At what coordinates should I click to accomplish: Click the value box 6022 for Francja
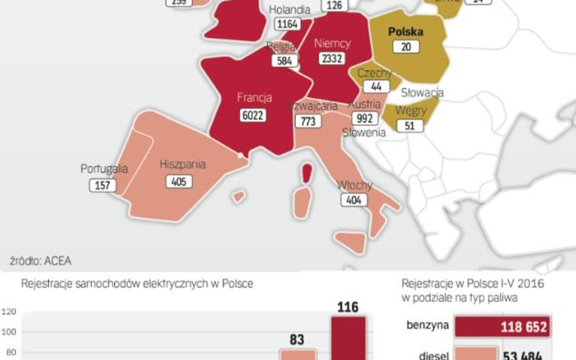click(252, 115)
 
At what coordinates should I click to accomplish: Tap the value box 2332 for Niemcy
click(332, 58)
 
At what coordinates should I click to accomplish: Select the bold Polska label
click(406, 32)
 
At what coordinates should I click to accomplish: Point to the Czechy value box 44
click(375, 87)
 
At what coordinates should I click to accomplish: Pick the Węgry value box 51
click(408, 126)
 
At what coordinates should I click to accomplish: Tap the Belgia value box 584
click(284, 61)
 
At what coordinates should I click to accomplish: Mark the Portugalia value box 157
click(103, 185)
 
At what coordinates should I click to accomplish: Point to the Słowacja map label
click(422, 93)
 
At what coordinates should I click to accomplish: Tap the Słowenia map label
click(364, 132)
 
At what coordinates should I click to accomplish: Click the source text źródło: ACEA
click(41, 261)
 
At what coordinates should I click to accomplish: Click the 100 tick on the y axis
click(9, 331)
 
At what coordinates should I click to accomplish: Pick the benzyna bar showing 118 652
click(502, 327)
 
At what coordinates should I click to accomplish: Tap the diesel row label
click(433, 357)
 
